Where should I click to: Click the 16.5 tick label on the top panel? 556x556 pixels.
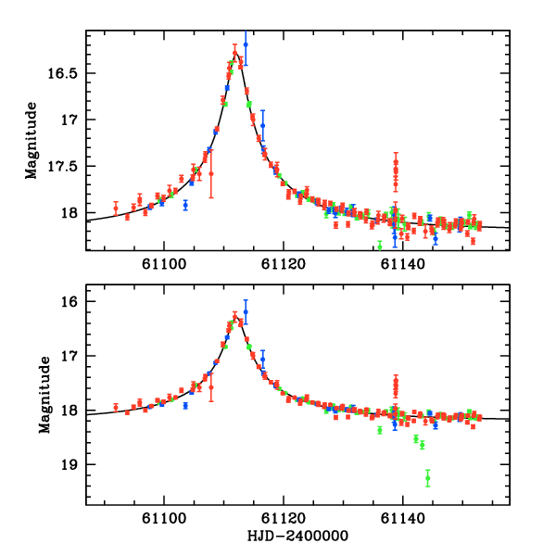pos(68,73)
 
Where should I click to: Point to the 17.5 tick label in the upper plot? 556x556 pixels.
pos(68,167)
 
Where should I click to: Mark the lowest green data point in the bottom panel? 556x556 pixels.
pos(428,478)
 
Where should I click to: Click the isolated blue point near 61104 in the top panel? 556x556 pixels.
pos(185,205)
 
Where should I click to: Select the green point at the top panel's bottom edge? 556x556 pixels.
pos(380,246)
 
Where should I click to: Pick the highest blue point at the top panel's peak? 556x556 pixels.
pos(246,44)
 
